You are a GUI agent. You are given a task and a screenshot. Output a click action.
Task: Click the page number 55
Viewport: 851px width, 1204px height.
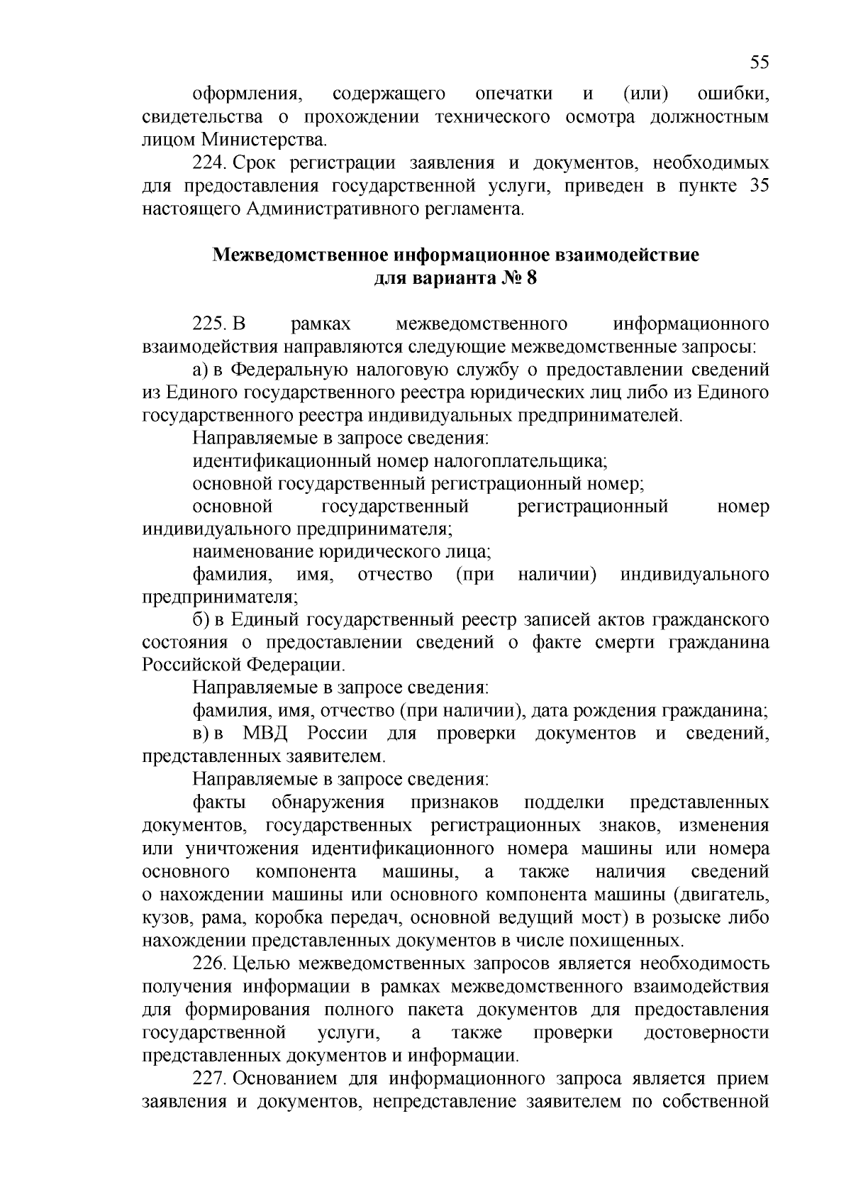pos(759,62)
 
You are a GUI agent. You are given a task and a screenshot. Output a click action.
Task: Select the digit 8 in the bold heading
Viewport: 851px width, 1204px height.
pos(532,278)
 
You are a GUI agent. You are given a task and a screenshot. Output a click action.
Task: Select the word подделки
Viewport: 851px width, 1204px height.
pos(564,802)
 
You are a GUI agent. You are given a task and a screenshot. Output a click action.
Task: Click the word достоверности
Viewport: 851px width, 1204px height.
pos(706,1032)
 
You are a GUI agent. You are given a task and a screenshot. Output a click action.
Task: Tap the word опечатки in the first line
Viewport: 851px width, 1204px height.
pos(514,94)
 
